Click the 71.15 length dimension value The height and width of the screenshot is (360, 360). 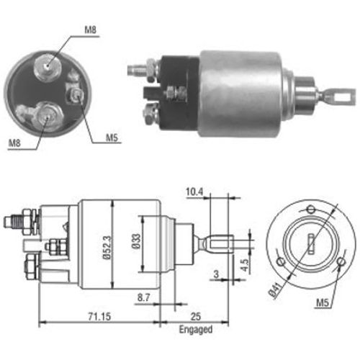(x=99, y=317)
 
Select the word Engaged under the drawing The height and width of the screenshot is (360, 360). (x=196, y=330)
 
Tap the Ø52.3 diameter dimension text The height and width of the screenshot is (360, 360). (x=107, y=248)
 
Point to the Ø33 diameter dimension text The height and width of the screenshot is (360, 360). (x=136, y=241)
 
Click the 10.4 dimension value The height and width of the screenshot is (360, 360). (x=194, y=192)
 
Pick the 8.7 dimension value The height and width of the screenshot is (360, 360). (x=143, y=297)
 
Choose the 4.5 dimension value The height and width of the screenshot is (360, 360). (x=245, y=265)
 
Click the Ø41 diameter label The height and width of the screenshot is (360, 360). (x=275, y=291)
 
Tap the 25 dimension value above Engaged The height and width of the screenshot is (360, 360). (x=196, y=317)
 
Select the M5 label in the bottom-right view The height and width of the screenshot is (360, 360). (x=323, y=302)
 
